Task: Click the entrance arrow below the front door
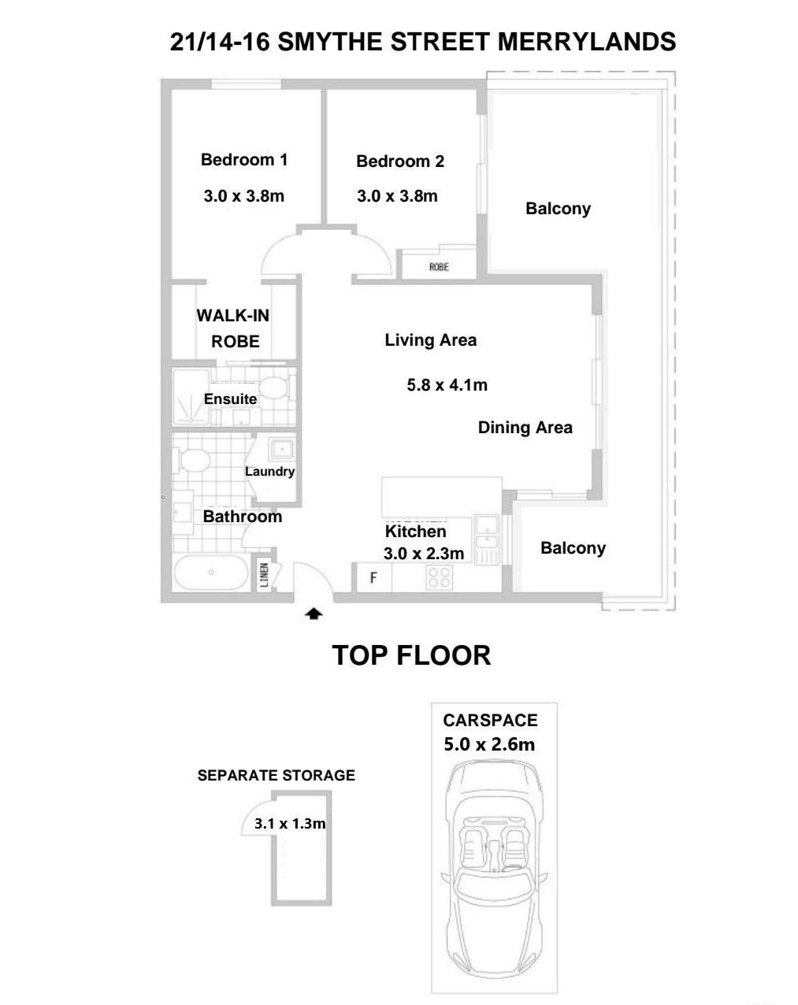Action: pyautogui.click(x=314, y=614)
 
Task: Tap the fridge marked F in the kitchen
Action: pyautogui.click(x=373, y=578)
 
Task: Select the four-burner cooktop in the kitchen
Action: pyautogui.click(x=440, y=578)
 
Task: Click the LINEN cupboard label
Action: pyautogui.click(x=265, y=574)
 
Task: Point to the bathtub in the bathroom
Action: pyautogui.click(x=211, y=573)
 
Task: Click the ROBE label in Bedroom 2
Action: pyautogui.click(x=439, y=267)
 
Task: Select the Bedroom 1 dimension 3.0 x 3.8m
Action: pyautogui.click(x=243, y=195)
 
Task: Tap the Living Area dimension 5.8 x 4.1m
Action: pyautogui.click(x=447, y=385)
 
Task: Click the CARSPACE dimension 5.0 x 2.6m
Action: pyautogui.click(x=489, y=744)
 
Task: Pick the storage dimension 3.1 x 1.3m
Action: pyautogui.click(x=290, y=824)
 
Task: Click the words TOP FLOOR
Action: pyautogui.click(x=411, y=655)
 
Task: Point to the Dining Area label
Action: pyautogui.click(x=525, y=428)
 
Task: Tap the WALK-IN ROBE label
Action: pyautogui.click(x=233, y=328)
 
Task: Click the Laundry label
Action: pyautogui.click(x=269, y=472)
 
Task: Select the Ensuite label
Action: pyautogui.click(x=230, y=399)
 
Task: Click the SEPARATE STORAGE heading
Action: pyautogui.click(x=276, y=775)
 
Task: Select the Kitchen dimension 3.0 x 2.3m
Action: pyautogui.click(x=423, y=554)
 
